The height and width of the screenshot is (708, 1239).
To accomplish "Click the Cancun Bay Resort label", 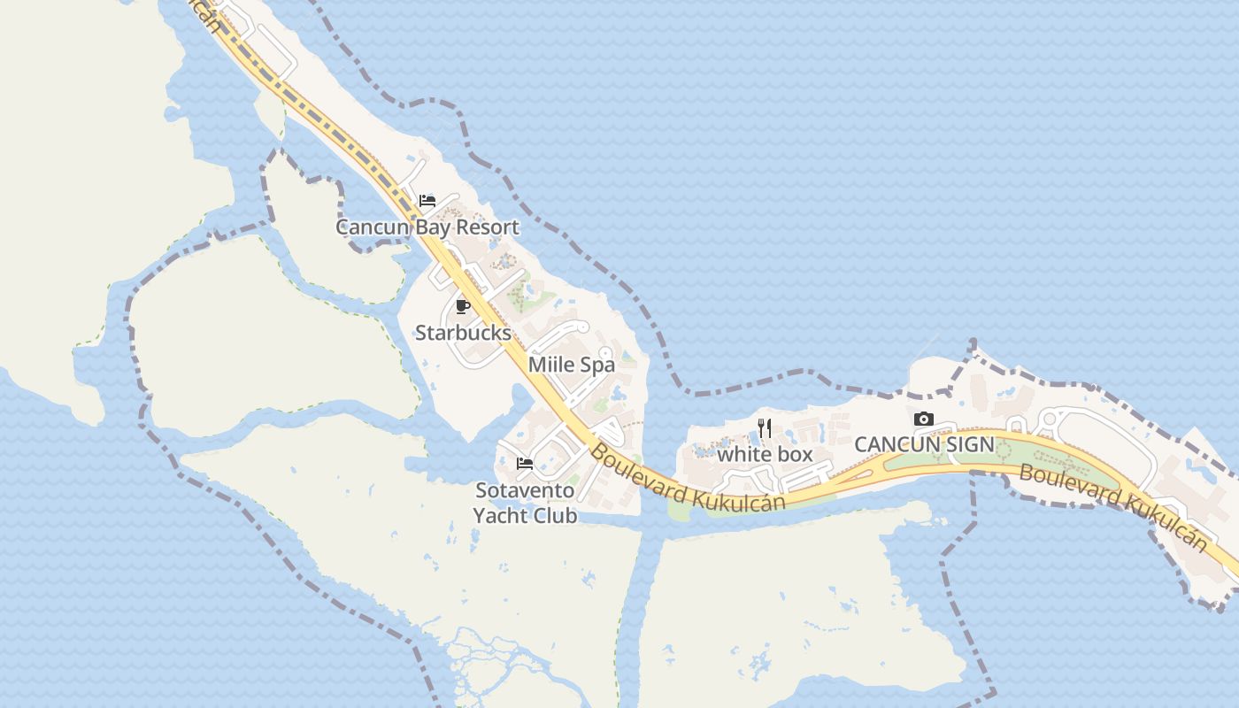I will coord(427,227).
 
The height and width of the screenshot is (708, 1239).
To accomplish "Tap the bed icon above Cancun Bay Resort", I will coord(427,201).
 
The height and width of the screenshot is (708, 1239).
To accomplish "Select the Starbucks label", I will coord(463,333).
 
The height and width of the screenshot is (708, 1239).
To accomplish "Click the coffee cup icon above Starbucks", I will coord(462,307).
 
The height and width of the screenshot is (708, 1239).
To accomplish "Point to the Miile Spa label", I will coord(571,365).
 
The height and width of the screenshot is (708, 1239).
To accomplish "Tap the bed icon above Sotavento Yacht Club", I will coord(525,463).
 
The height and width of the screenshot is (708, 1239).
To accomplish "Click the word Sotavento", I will coord(525,490).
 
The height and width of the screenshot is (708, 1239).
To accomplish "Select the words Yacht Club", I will coord(525,515).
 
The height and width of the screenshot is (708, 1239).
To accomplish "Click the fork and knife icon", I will coord(766,428).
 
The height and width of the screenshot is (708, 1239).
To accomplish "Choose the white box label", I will coord(765,454).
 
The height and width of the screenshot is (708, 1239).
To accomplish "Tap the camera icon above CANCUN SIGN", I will coord(924,419).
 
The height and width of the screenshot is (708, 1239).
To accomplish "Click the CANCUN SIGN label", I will coord(924,444).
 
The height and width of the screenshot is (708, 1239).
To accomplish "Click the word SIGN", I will coord(972,444).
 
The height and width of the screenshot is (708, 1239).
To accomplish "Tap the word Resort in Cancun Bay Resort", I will coord(488,227).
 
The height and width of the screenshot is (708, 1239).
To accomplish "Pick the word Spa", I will coord(598,365).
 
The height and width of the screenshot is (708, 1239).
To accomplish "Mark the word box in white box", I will coord(793,454).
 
